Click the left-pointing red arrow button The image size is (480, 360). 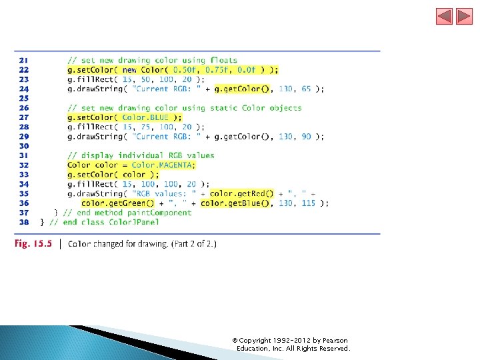(x=444, y=16)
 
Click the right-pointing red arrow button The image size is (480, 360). (x=464, y=16)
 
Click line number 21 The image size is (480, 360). (x=23, y=60)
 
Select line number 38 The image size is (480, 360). (x=23, y=222)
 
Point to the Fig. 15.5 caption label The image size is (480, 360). (x=33, y=243)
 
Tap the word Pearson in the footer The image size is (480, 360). (x=332, y=341)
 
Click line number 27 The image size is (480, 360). (x=23, y=117)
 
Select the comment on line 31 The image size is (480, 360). (x=141, y=155)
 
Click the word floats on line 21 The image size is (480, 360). (x=223, y=60)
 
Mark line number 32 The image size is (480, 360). (x=23, y=165)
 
